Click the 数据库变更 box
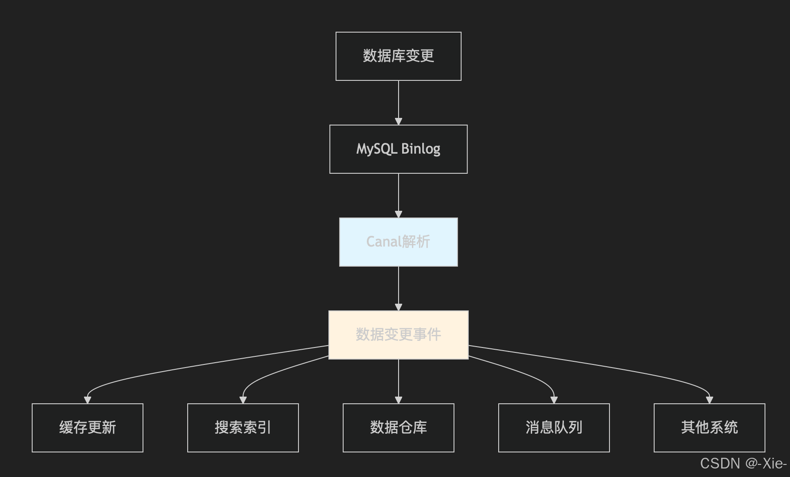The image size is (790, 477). point(398,56)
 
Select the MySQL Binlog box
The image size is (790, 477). point(398,149)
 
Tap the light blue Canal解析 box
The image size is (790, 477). point(398,242)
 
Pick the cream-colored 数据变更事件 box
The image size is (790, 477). point(398,335)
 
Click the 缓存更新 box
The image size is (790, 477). point(88,428)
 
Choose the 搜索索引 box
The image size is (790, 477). point(243,428)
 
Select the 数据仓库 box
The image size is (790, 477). point(398,428)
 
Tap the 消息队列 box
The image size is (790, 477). point(554,428)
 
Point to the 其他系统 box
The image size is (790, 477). point(709,428)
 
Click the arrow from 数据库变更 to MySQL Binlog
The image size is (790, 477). point(399,102)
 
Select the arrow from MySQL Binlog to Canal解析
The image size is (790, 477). point(399,195)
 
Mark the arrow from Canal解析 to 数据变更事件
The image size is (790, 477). point(399,288)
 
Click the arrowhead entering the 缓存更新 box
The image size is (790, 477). point(88,400)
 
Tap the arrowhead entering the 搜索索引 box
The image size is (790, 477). point(243,400)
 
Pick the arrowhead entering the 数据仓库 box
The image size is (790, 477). point(399,400)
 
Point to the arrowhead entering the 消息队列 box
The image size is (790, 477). point(554,400)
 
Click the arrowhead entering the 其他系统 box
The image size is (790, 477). point(709,400)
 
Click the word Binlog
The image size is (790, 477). point(420,149)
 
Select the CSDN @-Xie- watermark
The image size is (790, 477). point(743,464)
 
